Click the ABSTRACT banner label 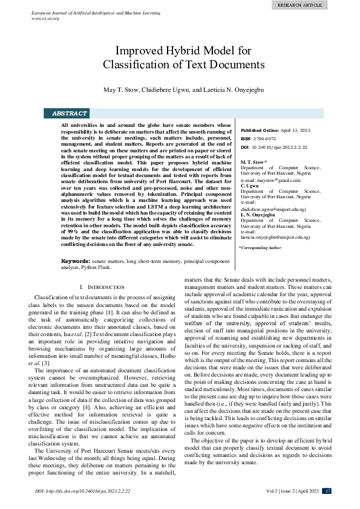point(70,113)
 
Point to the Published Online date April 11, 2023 point(296,131)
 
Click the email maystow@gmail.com point(270,180)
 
